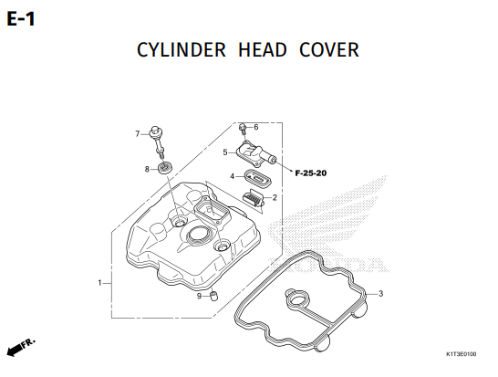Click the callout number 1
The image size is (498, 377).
pyautogui.click(x=99, y=283)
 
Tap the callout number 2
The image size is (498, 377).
pyautogui.click(x=275, y=197)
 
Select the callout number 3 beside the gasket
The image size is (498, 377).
pyautogui.click(x=381, y=293)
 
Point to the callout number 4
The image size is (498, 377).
pyautogui.click(x=233, y=176)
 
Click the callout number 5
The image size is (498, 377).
pyautogui.click(x=225, y=152)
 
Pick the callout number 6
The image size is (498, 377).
pyautogui.click(x=256, y=127)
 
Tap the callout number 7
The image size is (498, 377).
pyautogui.click(x=137, y=134)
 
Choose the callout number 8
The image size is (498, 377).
pyautogui.click(x=147, y=169)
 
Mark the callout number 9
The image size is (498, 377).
pyautogui.click(x=199, y=297)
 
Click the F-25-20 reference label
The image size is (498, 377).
pyautogui.click(x=311, y=173)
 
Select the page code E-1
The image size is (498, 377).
pyautogui.click(x=21, y=19)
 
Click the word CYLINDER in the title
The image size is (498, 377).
pyautogui.click(x=182, y=50)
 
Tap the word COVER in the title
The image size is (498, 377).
pyautogui.click(x=329, y=50)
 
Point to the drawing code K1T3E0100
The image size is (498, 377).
pyautogui.click(x=462, y=354)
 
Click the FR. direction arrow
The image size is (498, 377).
pyautogui.click(x=21, y=347)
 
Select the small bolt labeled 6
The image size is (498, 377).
pyautogui.click(x=243, y=130)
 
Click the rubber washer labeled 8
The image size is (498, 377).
pyautogui.click(x=165, y=167)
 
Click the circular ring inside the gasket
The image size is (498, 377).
pyautogui.click(x=297, y=299)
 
